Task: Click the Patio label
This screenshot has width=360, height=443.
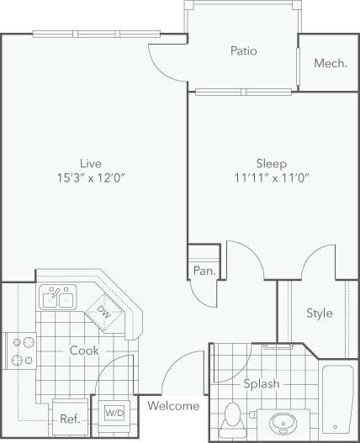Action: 243,51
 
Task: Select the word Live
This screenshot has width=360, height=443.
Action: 91,162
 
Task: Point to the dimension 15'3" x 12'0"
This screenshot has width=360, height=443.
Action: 91,177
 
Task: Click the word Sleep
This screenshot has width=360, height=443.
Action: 271,163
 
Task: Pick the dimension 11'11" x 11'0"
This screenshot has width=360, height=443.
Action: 271,178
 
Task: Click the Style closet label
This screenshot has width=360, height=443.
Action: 319,314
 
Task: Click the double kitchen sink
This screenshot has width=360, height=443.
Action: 57,298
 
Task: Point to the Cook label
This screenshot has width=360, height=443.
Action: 85,350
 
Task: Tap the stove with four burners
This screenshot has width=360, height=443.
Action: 20,351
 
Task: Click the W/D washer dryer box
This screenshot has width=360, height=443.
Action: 114,413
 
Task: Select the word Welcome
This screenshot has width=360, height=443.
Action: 174,406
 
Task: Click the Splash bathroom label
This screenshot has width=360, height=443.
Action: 262,383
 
